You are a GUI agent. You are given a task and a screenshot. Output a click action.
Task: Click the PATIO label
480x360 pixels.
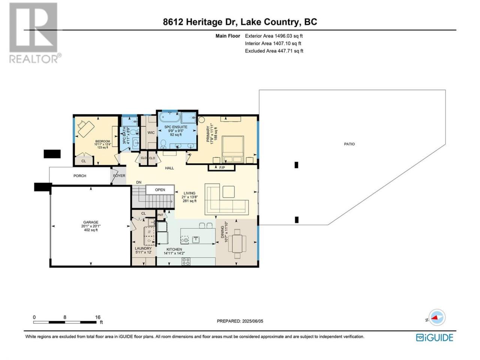coord(349,144)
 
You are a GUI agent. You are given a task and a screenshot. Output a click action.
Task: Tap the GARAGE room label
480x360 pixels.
coord(91,222)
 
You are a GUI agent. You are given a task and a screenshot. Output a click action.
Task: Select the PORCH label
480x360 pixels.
coord(80,176)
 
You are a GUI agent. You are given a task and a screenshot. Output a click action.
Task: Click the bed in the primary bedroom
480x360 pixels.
coord(233,150)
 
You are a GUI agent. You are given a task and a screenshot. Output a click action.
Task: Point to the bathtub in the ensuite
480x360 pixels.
coord(169,118)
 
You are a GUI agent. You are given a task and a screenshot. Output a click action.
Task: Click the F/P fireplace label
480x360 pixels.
coord(222,168)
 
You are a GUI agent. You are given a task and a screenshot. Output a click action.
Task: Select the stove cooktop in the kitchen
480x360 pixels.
coord(186,261)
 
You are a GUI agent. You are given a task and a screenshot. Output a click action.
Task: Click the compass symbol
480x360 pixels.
coord(437,317)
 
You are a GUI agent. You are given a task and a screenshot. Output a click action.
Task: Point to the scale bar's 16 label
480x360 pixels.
coord(98,317)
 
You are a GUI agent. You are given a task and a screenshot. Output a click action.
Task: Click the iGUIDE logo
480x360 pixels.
coord(435,338)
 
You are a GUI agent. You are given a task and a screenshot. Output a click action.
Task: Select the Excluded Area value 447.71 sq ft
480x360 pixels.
coord(290,51)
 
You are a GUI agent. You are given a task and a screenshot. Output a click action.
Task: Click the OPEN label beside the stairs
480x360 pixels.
coord(160,190)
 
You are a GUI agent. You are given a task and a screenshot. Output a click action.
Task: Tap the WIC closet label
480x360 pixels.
coord(151,133)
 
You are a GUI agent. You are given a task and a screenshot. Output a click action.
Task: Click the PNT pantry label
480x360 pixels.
coord(160,215)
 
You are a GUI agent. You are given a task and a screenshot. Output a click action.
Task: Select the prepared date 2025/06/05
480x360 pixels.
coord(253,321)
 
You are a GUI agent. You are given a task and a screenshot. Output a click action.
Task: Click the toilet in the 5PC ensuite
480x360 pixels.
coord(163,144)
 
